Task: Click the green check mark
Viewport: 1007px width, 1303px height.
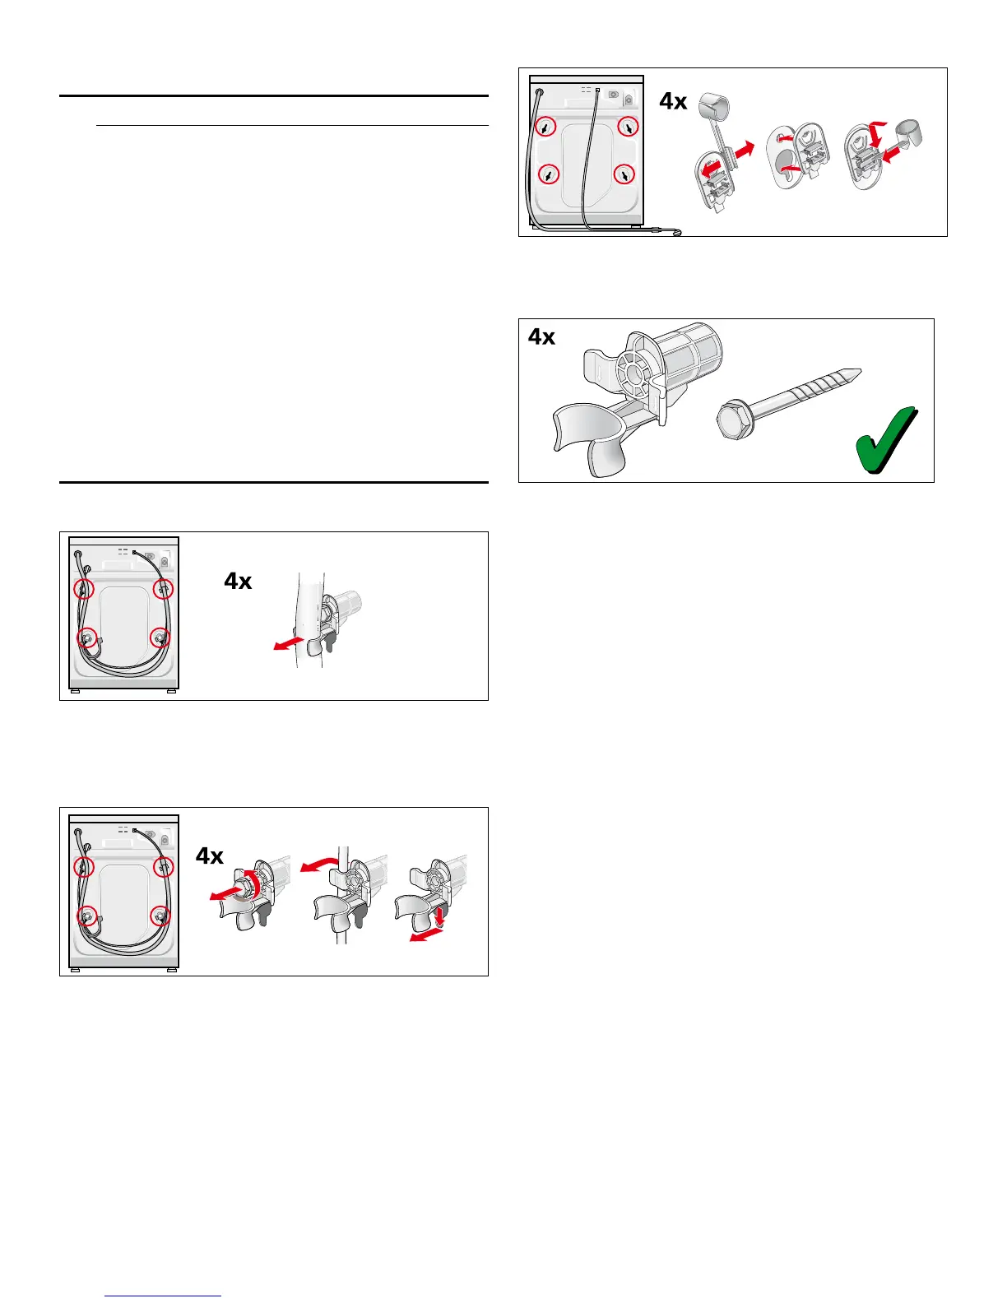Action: click(885, 439)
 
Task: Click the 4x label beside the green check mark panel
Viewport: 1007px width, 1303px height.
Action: click(541, 336)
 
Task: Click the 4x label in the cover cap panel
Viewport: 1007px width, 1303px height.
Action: click(673, 101)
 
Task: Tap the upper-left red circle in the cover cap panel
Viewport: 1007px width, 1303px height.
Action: click(545, 127)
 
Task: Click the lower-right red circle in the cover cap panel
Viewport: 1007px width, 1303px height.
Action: click(626, 174)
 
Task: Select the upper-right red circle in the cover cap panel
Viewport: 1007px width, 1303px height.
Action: click(628, 127)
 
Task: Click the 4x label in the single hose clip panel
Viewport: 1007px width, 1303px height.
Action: click(238, 582)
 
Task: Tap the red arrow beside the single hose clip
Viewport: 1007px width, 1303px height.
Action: click(288, 642)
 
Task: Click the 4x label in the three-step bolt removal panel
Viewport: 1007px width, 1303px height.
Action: click(210, 856)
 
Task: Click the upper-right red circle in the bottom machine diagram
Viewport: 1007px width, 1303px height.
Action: click(164, 866)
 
